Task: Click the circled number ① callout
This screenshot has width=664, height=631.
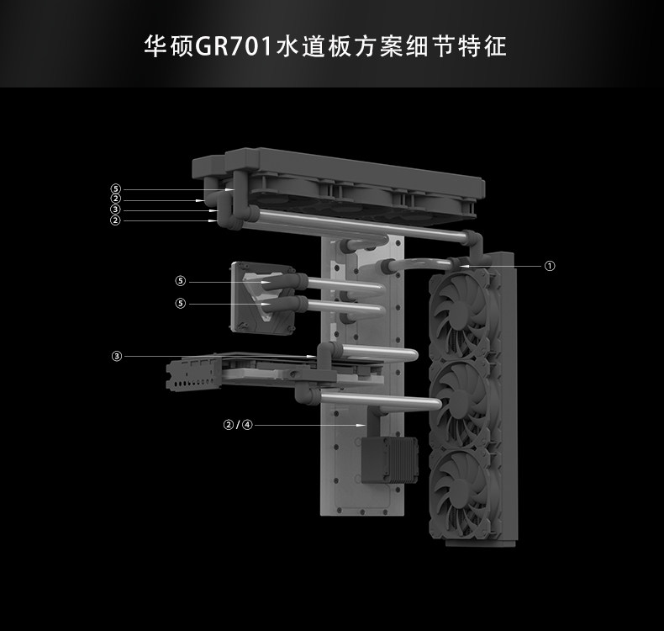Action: (x=550, y=266)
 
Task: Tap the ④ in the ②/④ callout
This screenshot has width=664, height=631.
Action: (x=247, y=425)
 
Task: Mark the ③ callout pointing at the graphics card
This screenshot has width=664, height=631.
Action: (x=116, y=356)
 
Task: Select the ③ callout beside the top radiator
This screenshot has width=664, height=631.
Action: (x=116, y=209)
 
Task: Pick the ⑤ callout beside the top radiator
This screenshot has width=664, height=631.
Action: (x=116, y=189)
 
